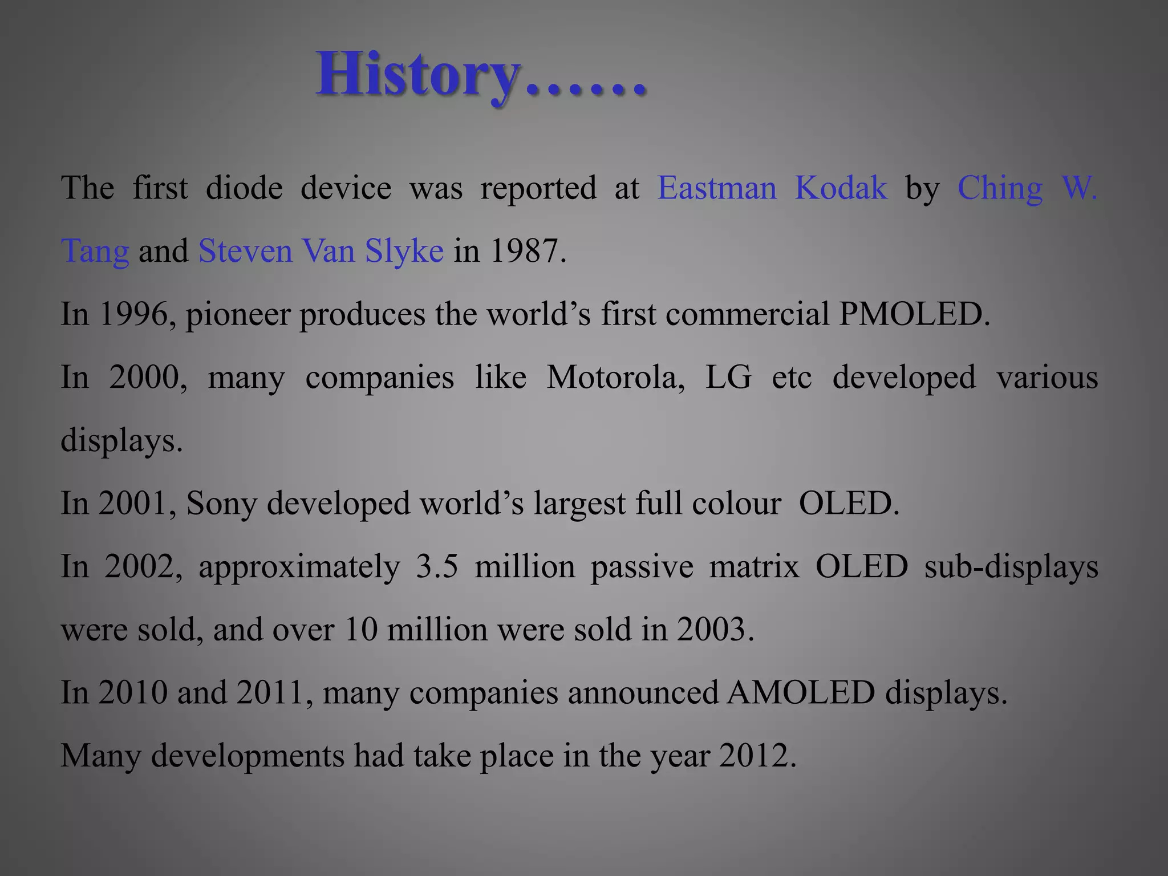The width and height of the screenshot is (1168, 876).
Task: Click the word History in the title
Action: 417,75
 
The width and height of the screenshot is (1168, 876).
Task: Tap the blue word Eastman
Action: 717,188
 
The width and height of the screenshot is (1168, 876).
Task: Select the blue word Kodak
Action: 841,188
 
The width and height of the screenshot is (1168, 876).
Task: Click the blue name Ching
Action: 1000,189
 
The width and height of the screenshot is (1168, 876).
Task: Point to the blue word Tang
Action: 95,252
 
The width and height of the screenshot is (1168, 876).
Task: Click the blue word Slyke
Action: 404,252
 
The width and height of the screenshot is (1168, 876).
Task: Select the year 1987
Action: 527,251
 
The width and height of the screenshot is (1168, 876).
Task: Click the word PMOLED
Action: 914,314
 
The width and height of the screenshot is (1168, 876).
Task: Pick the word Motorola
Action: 615,377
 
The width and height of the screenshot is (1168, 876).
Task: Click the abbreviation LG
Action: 728,377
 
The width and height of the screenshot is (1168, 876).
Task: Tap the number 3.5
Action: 437,566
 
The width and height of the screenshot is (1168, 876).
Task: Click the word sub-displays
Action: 1011,566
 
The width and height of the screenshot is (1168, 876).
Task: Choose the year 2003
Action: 715,630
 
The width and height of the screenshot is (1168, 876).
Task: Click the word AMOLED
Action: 801,692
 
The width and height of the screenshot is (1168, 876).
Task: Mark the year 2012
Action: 757,756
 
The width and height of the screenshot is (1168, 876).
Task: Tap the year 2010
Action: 133,692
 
